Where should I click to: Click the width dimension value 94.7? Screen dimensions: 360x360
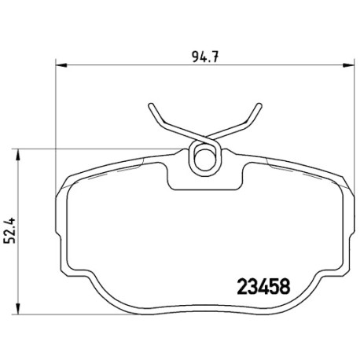[x=205, y=57]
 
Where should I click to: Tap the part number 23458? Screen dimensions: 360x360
[x=263, y=286]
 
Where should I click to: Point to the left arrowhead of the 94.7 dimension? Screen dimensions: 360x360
[x=62, y=64]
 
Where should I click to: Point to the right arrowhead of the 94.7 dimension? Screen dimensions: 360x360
[x=348, y=64]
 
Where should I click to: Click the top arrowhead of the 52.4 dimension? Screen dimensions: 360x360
[x=18, y=155]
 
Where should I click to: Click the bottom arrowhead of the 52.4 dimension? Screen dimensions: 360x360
[x=18, y=309]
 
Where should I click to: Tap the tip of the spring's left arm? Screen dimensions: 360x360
[x=151, y=105]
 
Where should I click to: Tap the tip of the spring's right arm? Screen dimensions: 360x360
[x=259, y=105]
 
